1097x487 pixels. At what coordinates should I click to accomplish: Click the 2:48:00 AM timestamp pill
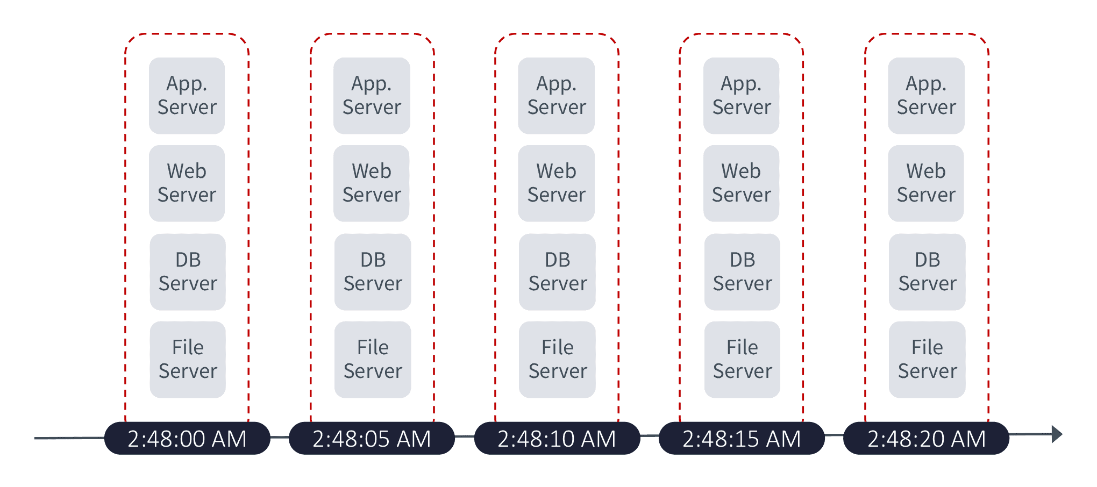click(x=187, y=439)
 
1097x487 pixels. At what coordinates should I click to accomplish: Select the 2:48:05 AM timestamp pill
click(x=372, y=439)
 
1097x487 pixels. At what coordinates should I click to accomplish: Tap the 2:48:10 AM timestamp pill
click(x=557, y=439)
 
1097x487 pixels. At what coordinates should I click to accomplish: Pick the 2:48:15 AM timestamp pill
click(x=742, y=439)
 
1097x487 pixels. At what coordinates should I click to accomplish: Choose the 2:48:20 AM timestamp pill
click(x=927, y=439)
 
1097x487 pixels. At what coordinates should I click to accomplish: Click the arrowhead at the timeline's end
click(x=1057, y=434)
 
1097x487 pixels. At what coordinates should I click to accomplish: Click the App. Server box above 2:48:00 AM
click(x=187, y=96)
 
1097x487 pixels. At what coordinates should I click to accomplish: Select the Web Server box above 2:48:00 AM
click(x=187, y=183)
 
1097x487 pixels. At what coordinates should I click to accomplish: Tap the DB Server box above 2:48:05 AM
click(x=373, y=272)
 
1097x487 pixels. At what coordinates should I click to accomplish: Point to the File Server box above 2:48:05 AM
click(x=373, y=360)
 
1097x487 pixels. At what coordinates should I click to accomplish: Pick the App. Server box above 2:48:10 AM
click(x=557, y=96)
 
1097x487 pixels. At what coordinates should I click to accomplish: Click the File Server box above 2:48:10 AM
click(x=558, y=360)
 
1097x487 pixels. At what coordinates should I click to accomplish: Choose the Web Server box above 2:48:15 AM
click(x=742, y=183)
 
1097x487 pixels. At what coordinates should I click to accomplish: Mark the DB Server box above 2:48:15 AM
click(x=743, y=272)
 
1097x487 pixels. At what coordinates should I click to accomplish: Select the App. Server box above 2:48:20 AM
click(x=927, y=96)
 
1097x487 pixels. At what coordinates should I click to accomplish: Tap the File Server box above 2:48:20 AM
click(x=928, y=360)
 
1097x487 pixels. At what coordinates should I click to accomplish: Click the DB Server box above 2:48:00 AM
click(x=188, y=272)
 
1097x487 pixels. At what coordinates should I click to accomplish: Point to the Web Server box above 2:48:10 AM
click(x=557, y=183)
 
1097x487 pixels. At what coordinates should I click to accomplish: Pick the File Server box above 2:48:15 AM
click(x=743, y=360)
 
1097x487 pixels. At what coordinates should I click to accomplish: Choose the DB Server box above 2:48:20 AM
click(x=928, y=272)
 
